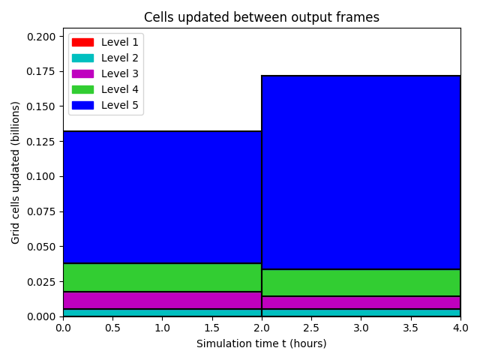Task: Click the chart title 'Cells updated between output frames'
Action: tap(262, 17)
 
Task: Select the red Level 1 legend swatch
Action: tap(82, 42)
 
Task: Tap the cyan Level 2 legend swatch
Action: tap(82, 58)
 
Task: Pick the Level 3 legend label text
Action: tap(120, 73)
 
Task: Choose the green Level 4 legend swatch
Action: tap(82, 89)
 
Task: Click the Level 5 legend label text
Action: tap(120, 105)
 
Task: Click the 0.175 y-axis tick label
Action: tap(41, 72)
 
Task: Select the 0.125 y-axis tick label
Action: tap(41, 142)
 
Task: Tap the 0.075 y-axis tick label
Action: tap(41, 211)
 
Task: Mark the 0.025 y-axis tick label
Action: tap(41, 282)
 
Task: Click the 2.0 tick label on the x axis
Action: tap(262, 328)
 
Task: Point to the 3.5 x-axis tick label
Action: tap(410, 328)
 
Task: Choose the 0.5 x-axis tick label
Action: tap(112, 328)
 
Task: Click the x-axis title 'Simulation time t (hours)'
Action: tap(262, 343)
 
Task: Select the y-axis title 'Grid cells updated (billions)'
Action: tap(15, 172)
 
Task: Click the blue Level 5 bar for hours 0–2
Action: tap(162, 197)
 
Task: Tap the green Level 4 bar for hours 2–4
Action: tap(361, 283)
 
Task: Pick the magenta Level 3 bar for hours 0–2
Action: tap(162, 300)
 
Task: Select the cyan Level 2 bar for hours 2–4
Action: tap(361, 313)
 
